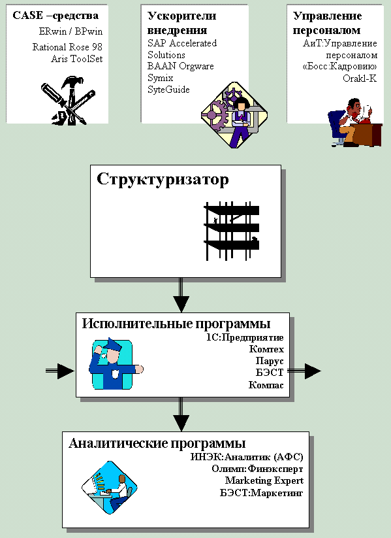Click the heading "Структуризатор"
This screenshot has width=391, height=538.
(x=163, y=180)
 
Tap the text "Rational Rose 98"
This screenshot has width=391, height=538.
(x=67, y=47)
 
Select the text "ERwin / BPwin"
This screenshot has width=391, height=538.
(x=70, y=31)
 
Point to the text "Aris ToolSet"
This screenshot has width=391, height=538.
(x=77, y=59)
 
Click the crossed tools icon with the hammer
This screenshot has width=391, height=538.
(x=68, y=100)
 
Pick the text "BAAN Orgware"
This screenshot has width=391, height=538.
(x=181, y=66)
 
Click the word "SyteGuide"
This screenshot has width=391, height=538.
(x=168, y=90)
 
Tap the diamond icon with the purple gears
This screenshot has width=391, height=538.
(x=234, y=115)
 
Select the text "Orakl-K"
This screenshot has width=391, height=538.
(x=360, y=78)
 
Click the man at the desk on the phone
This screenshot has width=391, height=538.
(x=354, y=122)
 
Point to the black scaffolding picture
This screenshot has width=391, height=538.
(x=232, y=231)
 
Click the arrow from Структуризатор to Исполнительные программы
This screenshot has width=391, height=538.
(x=181, y=295)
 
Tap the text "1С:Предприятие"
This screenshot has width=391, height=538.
(x=245, y=337)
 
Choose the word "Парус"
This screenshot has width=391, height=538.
(x=270, y=361)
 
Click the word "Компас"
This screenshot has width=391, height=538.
(x=266, y=385)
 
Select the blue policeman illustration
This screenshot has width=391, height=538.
(x=116, y=364)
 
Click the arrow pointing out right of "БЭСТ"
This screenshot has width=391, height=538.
(x=304, y=371)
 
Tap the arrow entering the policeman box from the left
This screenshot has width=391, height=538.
(x=60, y=371)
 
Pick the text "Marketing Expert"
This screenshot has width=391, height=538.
(x=264, y=480)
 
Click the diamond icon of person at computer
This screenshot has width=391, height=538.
(x=109, y=488)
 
